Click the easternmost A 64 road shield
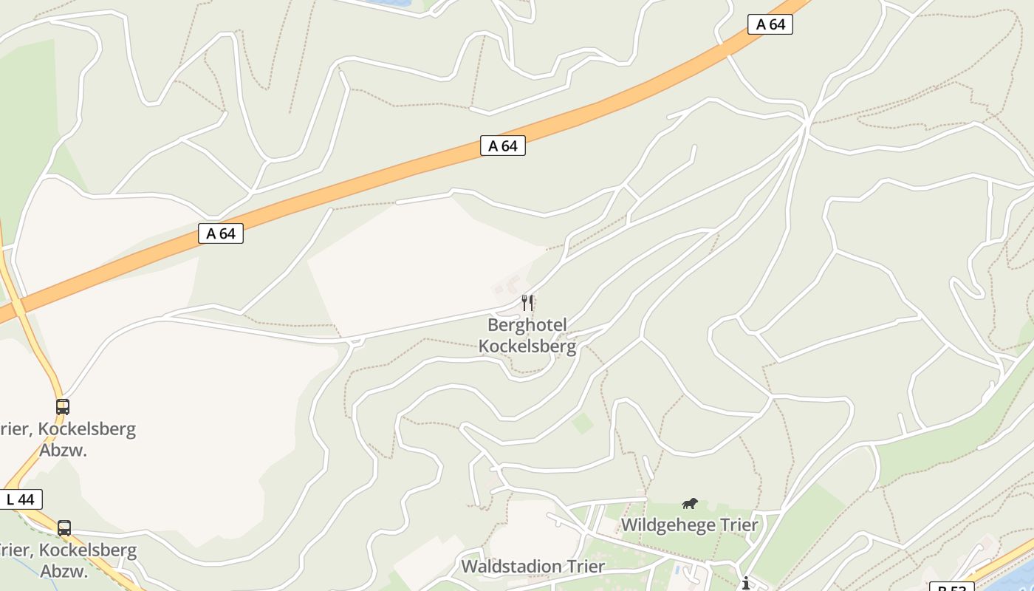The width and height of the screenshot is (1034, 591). (770, 24)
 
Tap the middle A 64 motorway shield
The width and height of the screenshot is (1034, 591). (503, 146)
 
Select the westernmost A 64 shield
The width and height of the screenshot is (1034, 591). (221, 233)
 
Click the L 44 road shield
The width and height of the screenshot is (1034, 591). (21, 499)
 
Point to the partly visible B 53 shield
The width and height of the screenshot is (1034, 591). (952, 587)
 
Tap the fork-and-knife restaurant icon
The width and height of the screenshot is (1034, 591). (527, 302)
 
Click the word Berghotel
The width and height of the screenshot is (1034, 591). (527, 325)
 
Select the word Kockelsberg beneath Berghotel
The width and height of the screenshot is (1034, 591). (527, 345)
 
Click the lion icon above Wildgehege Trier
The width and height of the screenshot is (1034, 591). (689, 504)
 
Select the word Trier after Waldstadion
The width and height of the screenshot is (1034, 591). (582, 567)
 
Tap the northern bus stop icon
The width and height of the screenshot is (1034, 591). (63, 406)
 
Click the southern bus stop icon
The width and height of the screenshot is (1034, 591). (64, 528)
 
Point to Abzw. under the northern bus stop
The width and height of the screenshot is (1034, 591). (64, 450)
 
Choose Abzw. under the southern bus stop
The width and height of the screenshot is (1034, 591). (64, 571)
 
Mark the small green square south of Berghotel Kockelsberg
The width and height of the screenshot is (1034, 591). (583, 423)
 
